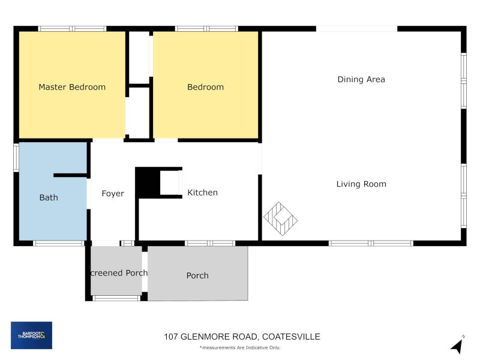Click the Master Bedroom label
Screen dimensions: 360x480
72,87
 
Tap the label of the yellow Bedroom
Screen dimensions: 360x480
205,87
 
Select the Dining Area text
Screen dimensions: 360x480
361,79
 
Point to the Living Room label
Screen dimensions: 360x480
361,184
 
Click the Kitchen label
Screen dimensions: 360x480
202,193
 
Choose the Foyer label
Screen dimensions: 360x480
113,193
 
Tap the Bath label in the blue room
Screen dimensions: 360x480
49,197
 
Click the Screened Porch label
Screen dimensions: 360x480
118,273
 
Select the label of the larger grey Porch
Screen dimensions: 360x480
197,275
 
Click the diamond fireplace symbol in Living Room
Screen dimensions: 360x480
280,218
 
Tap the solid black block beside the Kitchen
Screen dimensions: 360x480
147,182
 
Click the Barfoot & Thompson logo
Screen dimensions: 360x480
31,335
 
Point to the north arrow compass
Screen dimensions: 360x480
457,346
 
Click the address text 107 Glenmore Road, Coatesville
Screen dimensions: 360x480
242,337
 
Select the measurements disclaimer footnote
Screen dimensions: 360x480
239,347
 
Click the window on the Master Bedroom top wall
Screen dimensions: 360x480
72,28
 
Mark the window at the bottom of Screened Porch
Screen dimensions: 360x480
116,298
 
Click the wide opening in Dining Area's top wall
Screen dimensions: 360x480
356,28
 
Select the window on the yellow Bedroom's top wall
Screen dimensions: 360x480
206,28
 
